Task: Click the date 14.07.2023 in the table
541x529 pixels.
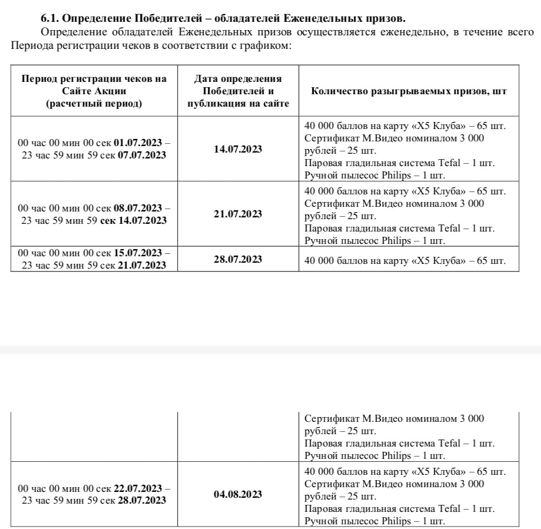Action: pos(238,149)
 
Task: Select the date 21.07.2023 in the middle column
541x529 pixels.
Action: pos(238,214)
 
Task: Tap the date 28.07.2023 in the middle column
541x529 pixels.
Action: pos(238,259)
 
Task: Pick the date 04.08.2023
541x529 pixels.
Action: pos(238,494)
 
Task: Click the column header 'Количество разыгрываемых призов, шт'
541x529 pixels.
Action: pos(409,91)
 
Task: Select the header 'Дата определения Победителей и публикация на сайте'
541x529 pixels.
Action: pos(238,91)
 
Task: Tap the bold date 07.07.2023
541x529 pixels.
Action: pos(142,156)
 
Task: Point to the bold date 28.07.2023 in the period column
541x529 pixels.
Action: pos(142,500)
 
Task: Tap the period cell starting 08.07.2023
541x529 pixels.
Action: pos(94,214)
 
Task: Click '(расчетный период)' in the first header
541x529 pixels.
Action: pos(94,104)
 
